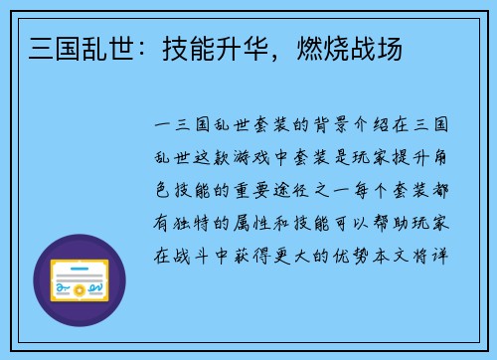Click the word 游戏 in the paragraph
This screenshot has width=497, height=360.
pyautogui.click(x=278, y=160)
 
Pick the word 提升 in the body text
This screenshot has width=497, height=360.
pyautogui.click(x=415, y=160)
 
